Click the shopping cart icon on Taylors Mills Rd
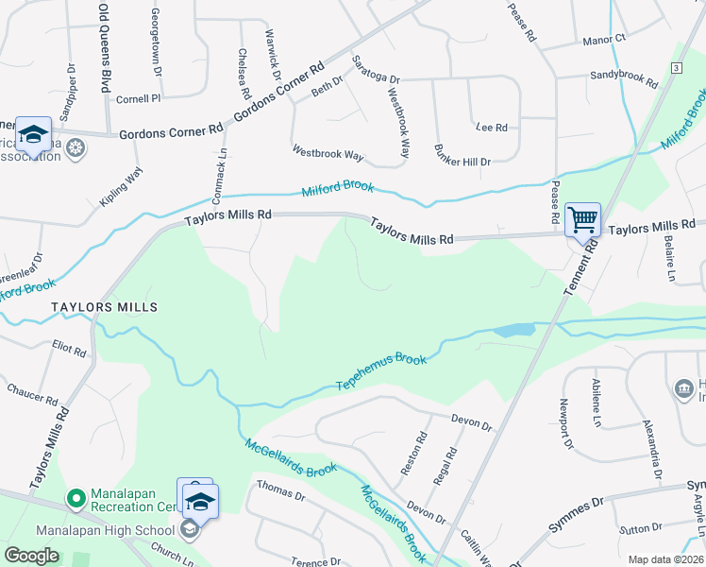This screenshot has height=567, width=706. [x=582, y=220]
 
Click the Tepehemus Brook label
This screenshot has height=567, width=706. [x=382, y=373]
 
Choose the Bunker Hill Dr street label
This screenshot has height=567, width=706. [x=462, y=162]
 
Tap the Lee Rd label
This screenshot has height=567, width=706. [x=492, y=127]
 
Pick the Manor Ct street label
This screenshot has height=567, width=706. [x=604, y=40]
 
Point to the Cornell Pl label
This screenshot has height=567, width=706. [x=139, y=97]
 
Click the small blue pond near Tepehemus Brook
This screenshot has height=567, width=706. [x=513, y=331]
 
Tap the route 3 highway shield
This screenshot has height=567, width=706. [x=676, y=68]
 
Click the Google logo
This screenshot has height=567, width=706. [x=31, y=556]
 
